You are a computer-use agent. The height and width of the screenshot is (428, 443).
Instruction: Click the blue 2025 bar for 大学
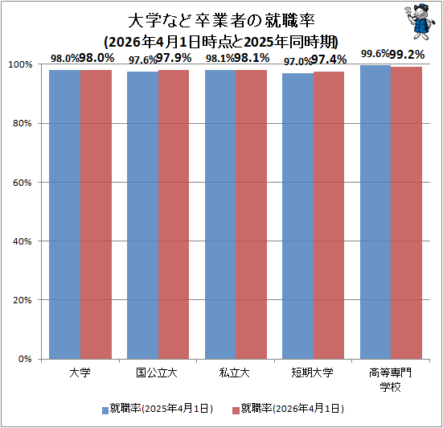point(65,215)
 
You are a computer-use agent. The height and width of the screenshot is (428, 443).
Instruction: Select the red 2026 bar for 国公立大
point(174,215)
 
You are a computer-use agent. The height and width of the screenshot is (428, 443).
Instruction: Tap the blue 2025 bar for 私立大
point(220,215)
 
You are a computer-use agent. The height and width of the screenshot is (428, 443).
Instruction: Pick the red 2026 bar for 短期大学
point(329,216)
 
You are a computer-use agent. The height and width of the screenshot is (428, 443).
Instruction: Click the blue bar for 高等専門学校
point(375,212)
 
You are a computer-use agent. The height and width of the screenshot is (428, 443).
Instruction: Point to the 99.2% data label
point(407,55)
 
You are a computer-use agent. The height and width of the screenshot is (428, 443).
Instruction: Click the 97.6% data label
point(142,60)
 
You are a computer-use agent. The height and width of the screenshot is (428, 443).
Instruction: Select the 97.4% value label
point(329,60)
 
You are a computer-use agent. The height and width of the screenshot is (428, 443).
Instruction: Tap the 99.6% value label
point(375,53)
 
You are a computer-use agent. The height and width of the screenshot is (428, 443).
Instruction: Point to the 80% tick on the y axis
point(23,124)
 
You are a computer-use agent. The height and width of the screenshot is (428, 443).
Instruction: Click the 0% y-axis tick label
point(25,359)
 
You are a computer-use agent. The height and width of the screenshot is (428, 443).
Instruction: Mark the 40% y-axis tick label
point(23,241)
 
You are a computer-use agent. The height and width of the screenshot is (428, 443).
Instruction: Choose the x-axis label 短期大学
point(312,372)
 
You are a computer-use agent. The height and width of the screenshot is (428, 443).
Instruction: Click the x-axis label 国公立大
point(157,372)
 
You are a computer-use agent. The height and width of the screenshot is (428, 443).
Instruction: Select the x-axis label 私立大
point(235,372)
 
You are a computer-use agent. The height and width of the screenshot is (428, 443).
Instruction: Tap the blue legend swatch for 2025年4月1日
point(105,410)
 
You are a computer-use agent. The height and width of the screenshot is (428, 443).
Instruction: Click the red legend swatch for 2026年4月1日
point(236,410)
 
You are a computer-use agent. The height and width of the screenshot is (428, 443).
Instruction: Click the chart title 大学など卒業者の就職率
point(222,21)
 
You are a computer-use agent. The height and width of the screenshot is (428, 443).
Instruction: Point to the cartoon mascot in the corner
point(419,21)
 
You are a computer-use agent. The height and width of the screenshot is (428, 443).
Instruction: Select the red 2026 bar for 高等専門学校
point(407,213)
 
